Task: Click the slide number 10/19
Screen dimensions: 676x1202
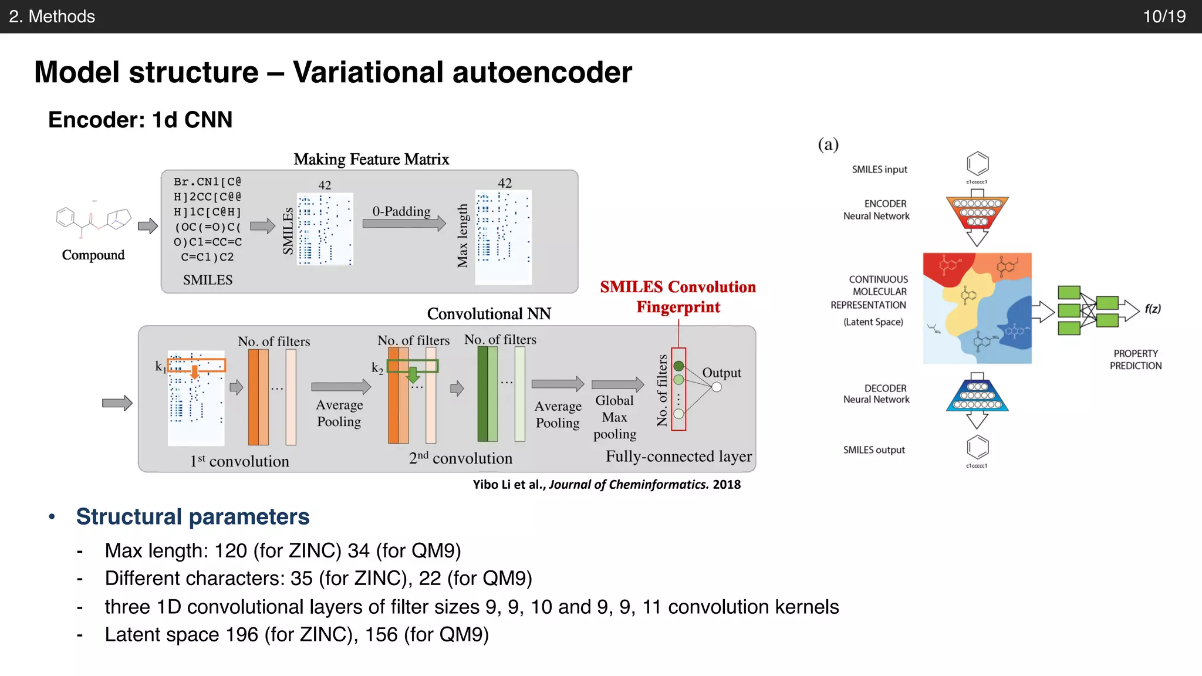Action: (1164, 16)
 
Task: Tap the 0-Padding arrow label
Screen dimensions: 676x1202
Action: (401, 211)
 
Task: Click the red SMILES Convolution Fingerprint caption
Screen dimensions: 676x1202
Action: (678, 297)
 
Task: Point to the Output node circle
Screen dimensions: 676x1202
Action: (716, 387)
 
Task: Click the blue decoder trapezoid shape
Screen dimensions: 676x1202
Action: (977, 396)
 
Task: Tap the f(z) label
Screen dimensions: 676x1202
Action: (1152, 309)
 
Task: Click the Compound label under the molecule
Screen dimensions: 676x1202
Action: (93, 255)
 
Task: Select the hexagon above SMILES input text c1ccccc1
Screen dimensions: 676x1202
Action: (977, 163)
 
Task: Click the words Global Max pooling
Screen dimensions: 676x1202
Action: (614, 417)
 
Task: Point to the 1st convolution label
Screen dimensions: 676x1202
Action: (239, 461)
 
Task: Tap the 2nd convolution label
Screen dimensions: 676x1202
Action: (460, 458)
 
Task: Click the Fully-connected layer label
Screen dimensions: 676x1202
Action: (678, 457)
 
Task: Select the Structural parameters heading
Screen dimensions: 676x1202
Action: (193, 517)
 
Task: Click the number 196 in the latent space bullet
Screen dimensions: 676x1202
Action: (242, 635)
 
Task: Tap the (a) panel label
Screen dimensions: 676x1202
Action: (828, 144)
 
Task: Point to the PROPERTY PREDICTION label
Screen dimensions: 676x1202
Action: (1135, 360)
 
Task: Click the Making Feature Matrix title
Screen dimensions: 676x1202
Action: (371, 160)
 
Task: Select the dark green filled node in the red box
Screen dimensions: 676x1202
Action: (678, 366)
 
